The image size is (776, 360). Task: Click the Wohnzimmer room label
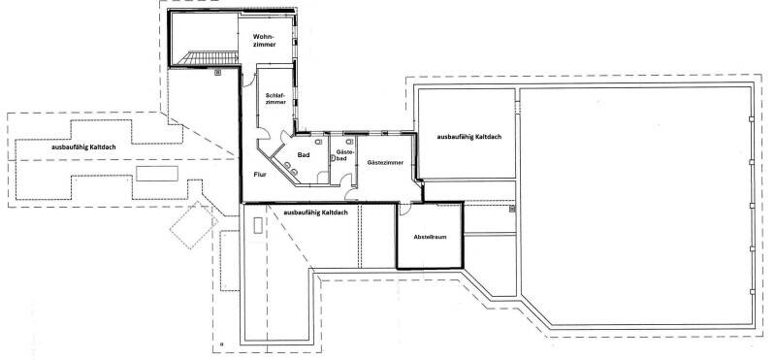(x=263, y=41)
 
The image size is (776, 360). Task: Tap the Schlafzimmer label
(x=275, y=98)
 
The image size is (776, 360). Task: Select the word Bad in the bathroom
(x=304, y=155)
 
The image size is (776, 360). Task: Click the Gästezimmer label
(x=385, y=162)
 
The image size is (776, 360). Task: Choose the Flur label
(x=260, y=175)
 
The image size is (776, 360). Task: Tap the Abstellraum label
(x=430, y=237)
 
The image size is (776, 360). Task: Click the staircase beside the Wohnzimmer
(x=208, y=58)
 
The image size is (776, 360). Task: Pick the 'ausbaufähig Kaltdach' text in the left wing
(x=83, y=147)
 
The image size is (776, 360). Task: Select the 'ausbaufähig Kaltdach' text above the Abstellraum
(x=315, y=213)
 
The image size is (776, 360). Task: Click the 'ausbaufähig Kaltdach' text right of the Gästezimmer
(x=469, y=137)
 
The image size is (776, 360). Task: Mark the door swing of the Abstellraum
(x=404, y=209)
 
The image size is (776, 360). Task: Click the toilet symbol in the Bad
(x=319, y=142)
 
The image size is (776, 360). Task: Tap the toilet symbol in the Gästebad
(x=349, y=141)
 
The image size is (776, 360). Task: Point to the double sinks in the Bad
(x=290, y=168)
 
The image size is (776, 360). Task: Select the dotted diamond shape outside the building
(x=194, y=225)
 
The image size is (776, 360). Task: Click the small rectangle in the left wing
(x=157, y=174)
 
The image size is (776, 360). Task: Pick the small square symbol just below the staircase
(x=217, y=73)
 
